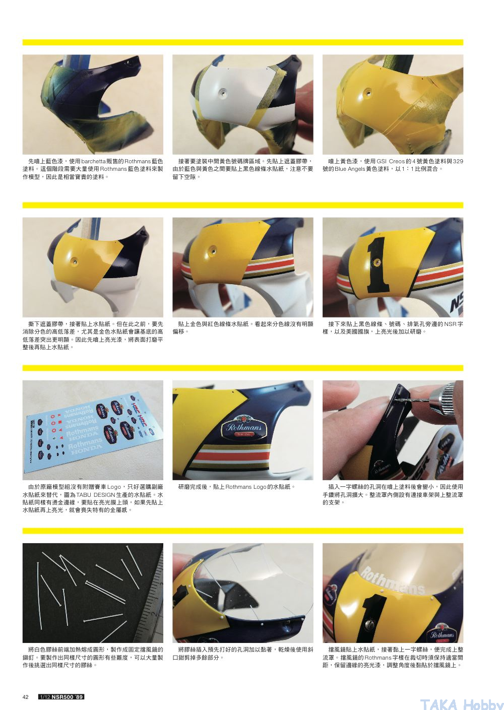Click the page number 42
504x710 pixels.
pyautogui.click(x=25, y=697)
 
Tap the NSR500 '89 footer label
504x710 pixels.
pyautogui.click(x=61, y=697)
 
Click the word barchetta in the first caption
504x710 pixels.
pyautogui.click(x=93, y=161)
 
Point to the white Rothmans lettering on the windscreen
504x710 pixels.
pyautogui.click(x=393, y=580)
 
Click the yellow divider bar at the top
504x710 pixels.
pyautogui.click(x=243, y=42)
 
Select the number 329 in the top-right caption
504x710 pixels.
pyautogui.click(x=458, y=161)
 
